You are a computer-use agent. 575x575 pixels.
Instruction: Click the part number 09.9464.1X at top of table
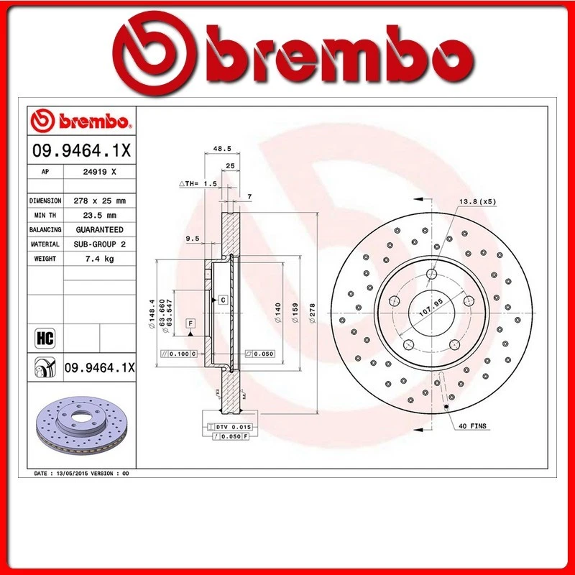coord(80,152)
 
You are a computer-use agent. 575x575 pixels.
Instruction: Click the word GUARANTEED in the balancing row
coord(99,229)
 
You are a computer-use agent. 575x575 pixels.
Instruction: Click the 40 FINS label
coord(472,426)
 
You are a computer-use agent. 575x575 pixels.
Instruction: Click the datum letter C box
coord(223,299)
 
